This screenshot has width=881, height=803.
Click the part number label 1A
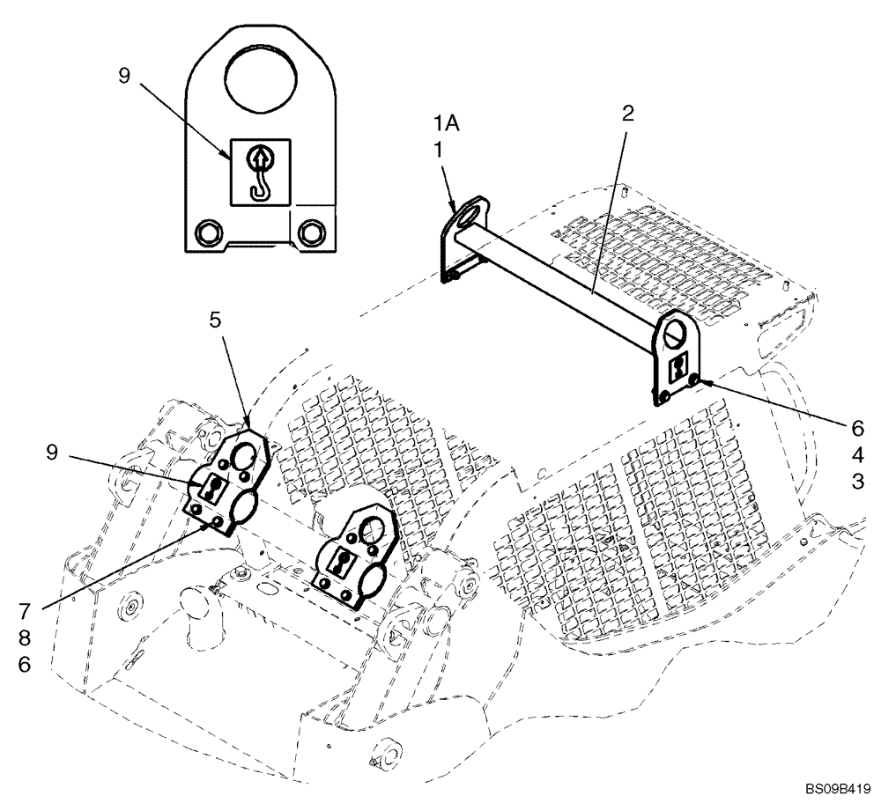(445, 124)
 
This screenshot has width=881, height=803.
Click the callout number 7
(24, 609)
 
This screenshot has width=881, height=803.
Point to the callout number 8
(24, 637)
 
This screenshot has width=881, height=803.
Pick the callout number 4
(857, 455)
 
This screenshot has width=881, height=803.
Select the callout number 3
(857, 482)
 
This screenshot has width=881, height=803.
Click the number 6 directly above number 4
(857, 429)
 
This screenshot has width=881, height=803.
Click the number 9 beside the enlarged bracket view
(123, 77)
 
